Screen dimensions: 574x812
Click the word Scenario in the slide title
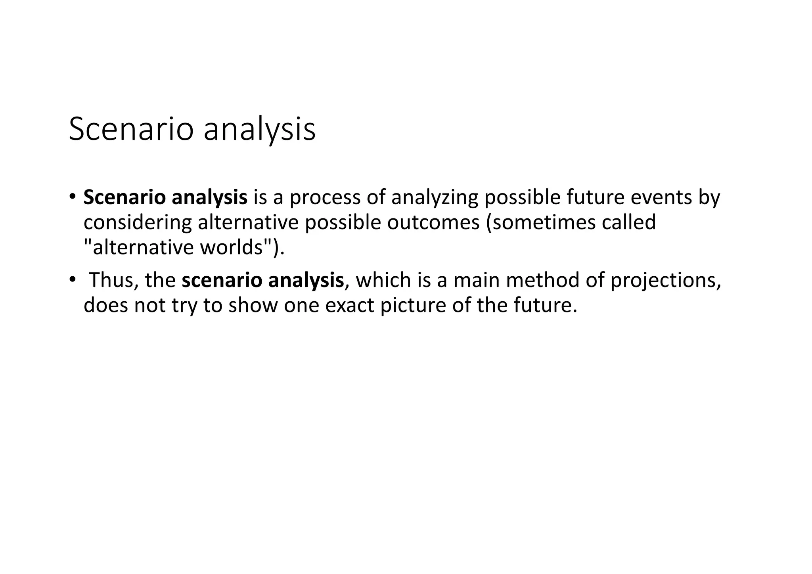131,129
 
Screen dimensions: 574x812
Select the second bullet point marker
72,279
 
